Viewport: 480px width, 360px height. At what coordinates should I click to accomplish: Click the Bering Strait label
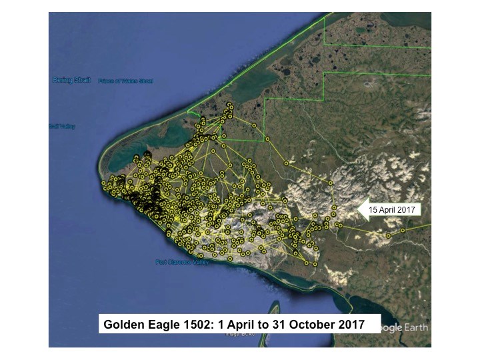(x=71, y=81)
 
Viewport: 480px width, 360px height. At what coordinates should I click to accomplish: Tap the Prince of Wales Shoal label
(x=125, y=81)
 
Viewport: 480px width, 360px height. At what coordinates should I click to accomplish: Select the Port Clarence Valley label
(x=182, y=262)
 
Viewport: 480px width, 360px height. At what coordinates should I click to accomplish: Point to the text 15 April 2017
(x=392, y=209)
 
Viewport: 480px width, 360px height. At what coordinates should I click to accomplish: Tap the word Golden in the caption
(x=122, y=325)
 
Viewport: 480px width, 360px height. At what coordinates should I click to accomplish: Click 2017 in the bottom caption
(x=351, y=325)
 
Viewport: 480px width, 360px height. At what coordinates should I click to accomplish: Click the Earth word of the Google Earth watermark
(x=413, y=328)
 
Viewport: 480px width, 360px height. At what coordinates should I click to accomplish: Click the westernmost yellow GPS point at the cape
(x=103, y=182)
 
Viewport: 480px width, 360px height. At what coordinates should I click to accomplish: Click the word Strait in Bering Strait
(x=81, y=81)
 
